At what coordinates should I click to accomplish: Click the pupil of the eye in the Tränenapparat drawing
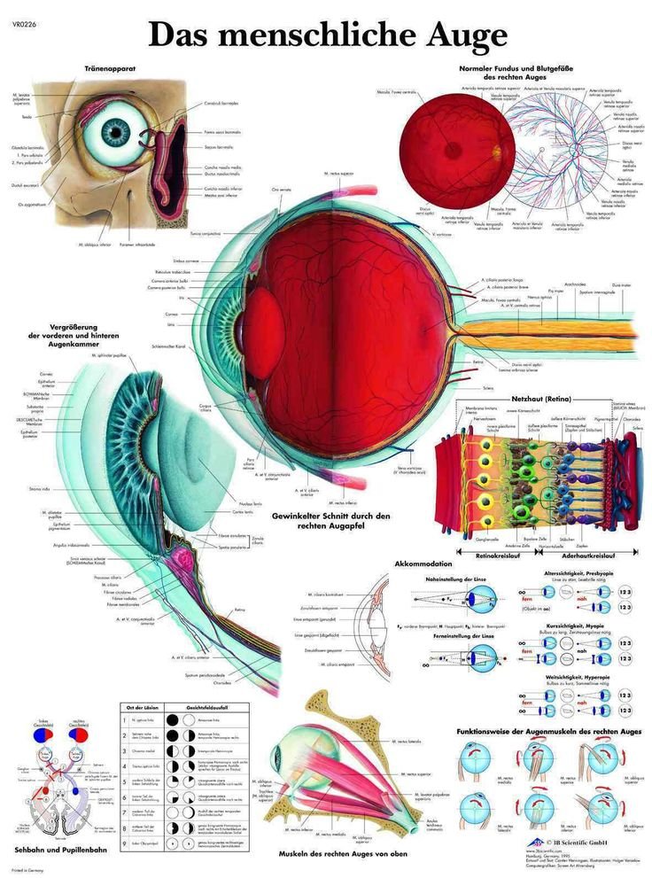[x=114, y=134]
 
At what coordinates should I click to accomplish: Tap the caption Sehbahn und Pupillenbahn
[x=55, y=850]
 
